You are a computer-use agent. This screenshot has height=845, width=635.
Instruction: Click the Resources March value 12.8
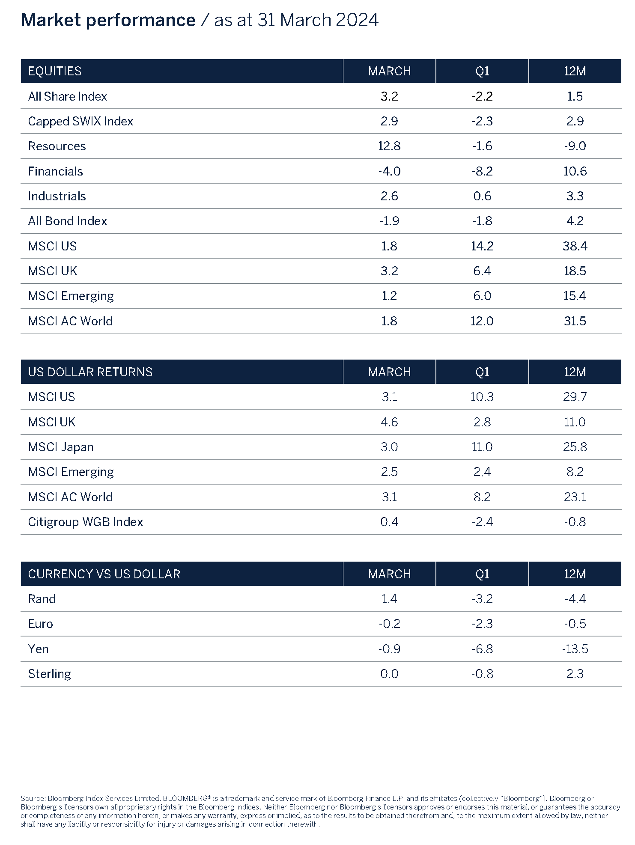(389, 146)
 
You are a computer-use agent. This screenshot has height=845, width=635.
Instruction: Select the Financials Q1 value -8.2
(482, 171)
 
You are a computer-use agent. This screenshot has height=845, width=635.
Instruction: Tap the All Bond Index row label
(67, 221)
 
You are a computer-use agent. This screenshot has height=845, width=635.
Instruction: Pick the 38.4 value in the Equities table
(575, 246)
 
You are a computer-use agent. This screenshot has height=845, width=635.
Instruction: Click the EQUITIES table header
(55, 71)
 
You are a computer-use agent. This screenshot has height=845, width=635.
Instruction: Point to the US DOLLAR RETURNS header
(90, 372)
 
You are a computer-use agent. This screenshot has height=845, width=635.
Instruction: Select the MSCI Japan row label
(60, 447)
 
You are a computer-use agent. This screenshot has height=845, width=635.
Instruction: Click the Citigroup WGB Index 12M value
(575, 522)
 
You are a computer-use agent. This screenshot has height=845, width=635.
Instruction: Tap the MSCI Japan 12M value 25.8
(575, 447)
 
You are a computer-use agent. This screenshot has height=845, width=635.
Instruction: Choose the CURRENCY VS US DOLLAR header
(104, 574)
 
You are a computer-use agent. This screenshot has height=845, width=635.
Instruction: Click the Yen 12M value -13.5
(575, 649)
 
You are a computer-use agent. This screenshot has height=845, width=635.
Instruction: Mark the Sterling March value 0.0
(389, 674)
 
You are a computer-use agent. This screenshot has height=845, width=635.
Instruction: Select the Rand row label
(42, 599)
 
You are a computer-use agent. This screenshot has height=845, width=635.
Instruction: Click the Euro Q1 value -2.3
(482, 624)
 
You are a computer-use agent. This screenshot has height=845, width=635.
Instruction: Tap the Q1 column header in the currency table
(482, 574)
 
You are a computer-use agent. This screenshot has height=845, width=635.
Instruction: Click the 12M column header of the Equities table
(575, 71)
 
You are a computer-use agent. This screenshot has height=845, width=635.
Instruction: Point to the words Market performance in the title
(108, 20)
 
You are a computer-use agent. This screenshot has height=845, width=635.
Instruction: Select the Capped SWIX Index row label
(80, 121)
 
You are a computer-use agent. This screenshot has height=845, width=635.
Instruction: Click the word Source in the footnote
(33, 798)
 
